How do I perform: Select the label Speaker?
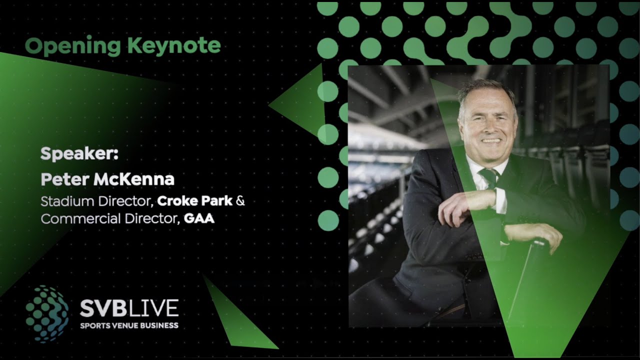79,153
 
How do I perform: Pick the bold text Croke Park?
195,201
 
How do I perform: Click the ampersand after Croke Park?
240,201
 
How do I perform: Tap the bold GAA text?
199,218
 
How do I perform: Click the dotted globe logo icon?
47,314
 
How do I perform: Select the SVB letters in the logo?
103,309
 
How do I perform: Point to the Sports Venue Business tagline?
129,325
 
